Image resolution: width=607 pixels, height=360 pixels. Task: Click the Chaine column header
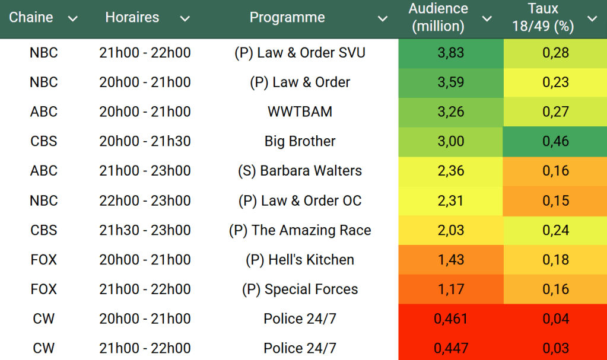tap(31, 18)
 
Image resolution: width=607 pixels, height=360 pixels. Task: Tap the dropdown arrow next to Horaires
tap(185, 19)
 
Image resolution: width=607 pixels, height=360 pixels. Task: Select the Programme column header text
tap(287, 18)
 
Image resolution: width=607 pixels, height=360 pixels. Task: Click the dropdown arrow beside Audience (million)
tap(487, 19)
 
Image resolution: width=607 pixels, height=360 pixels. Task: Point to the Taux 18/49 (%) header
tap(543, 18)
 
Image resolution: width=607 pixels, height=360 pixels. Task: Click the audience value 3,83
tap(451, 53)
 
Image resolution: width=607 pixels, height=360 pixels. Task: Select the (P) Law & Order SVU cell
tap(300, 53)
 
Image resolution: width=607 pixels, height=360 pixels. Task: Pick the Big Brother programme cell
tap(300, 141)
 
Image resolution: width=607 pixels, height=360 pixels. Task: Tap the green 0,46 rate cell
tap(555, 141)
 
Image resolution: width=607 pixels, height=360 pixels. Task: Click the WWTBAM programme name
tap(300, 111)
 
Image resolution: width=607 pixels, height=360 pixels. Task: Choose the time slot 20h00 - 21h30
tap(145, 141)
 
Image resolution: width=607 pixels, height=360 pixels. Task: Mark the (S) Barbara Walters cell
tap(300, 171)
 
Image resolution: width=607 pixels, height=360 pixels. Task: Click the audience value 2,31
tap(451, 200)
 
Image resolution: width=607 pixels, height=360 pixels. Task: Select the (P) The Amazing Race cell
tap(300, 230)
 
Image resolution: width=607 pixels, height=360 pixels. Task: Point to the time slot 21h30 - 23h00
tap(145, 230)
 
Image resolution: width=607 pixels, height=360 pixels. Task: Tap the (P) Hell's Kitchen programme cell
tap(300, 260)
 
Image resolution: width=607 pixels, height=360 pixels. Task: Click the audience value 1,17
tap(451, 289)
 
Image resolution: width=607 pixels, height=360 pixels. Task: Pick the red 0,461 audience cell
tap(451, 318)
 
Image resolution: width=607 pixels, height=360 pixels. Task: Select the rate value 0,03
tap(555, 348)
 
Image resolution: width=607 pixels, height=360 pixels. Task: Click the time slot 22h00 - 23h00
tap(145, 200)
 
